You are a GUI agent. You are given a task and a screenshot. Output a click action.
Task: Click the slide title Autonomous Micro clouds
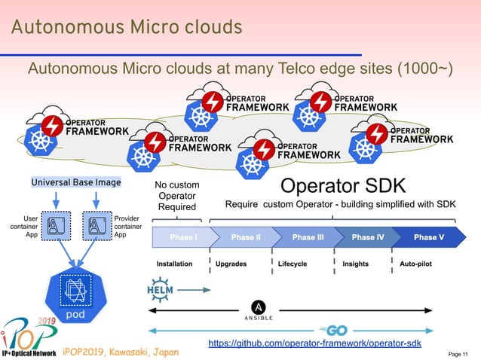[126, 28]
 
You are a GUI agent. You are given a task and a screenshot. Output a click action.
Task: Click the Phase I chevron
[183, 236]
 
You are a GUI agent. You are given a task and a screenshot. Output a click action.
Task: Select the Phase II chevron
[246, 236]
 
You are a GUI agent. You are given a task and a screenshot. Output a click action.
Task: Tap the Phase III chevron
[308, 236]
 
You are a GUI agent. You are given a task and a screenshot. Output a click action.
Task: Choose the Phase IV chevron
[368, 236]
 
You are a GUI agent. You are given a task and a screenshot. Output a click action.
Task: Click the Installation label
[174, 264]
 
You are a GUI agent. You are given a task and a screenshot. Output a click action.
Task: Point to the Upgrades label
[231, 264]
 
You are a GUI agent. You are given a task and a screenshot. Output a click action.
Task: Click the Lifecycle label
[293, 264]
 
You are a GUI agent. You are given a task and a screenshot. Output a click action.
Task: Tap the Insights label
[355, 264]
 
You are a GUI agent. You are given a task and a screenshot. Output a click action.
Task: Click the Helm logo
[161, 288]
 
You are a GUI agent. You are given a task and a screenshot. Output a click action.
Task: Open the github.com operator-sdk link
[314, 343]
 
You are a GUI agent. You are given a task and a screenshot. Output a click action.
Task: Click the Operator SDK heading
[343, 185]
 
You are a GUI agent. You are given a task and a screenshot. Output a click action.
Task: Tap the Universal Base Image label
[75, 182]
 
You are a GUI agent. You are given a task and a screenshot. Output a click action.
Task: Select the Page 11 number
[458, 354]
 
